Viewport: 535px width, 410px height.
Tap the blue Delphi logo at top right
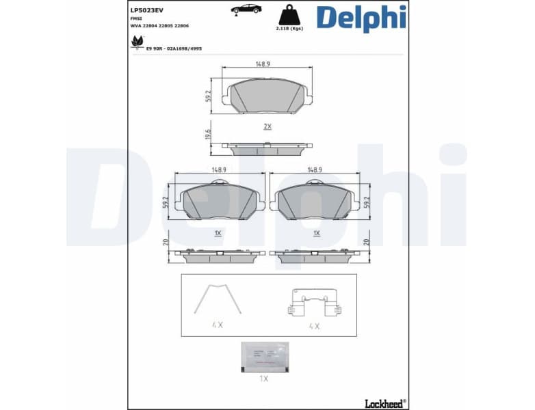361,18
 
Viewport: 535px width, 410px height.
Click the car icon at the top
246,9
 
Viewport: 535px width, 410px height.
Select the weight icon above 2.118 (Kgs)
288,15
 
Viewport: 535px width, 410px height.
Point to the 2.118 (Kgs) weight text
288,29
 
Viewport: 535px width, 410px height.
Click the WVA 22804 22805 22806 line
159,25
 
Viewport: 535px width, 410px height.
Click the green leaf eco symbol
137,43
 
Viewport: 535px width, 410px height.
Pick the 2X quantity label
267,126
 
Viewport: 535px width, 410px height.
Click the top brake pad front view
267,96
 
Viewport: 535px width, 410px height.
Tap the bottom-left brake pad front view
220,201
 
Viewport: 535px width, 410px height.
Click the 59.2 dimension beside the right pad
367,203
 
